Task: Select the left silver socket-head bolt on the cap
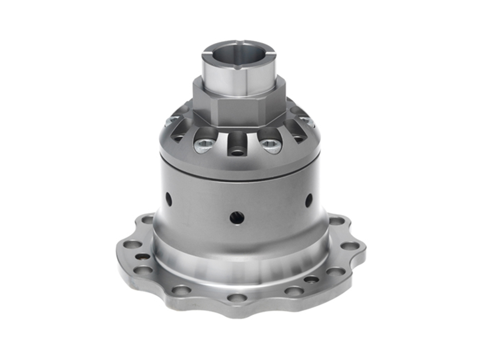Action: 204,144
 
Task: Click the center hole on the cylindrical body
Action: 237,218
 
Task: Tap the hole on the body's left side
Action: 169,199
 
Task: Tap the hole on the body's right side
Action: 309,200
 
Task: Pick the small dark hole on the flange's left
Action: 142,256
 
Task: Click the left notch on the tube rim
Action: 205,52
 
